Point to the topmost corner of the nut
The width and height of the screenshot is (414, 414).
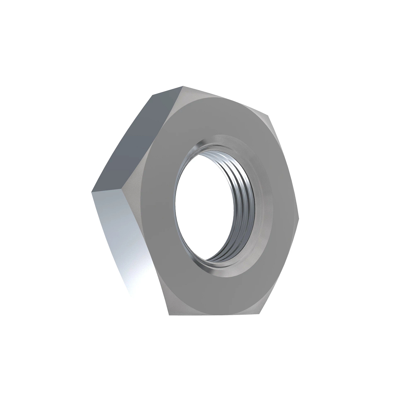(183, 86)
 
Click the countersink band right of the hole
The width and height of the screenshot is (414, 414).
(264, 207)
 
